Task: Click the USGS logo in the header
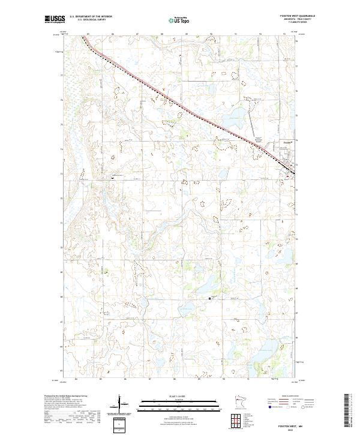[x=55, y=19]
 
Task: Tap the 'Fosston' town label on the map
[x=287, y=142]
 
